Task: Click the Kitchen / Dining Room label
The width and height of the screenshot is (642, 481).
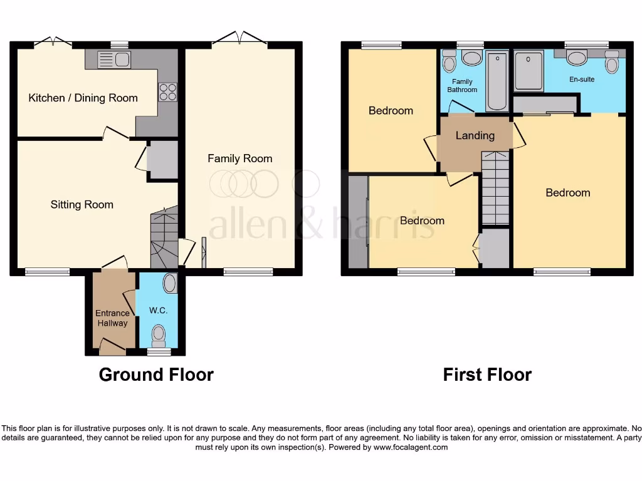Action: pyautogui.click(x=83, y=98)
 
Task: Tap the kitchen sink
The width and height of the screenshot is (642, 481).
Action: pyautogui.click(x=114, y=60)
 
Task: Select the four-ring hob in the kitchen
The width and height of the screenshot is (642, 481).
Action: pyautogui.click(x=167, y=92)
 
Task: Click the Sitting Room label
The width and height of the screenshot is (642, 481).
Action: pyautogui.click(x=82, y=204)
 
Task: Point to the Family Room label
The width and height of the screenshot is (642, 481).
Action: pyautogui.click(x=240, y=158)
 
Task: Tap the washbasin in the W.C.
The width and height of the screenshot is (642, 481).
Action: pyautogui.click(x=169, y=284)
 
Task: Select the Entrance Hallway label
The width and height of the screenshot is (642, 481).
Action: pyautogui.click(x=112, y=318)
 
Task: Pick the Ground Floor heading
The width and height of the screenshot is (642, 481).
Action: pyautogui.click(x=156, y=375)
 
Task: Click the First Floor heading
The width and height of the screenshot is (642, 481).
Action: pyautogui.click(x=487, y=375)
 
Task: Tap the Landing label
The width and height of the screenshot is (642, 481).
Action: pyautogui.click(x=475, y=135)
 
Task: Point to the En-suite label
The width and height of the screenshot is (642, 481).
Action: pyautogui.click(x=581, y=80)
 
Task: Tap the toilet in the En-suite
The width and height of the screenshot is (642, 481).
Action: pyautogui.click(x=612, y=65)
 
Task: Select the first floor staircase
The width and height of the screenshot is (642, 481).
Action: pyautogui.click(x=495, y=188)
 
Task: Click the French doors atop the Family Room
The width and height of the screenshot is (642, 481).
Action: pyautogui.click(x=239, y=39)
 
